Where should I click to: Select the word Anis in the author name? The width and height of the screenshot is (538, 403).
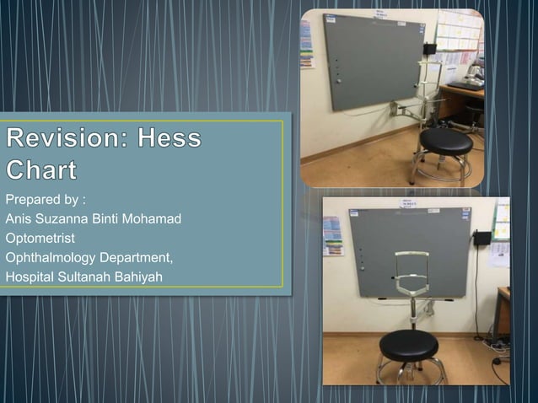pos(19,219)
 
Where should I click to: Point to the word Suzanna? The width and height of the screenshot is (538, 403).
pos(62,219)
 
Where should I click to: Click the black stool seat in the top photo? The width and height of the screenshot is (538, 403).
pos(446,140)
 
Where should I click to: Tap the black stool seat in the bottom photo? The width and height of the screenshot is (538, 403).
pos(409,343)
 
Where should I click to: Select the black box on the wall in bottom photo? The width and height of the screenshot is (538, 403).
pos(482,239)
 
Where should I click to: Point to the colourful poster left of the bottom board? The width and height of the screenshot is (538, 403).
pos(333,235)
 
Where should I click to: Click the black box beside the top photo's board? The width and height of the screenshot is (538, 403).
pos(430,48)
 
